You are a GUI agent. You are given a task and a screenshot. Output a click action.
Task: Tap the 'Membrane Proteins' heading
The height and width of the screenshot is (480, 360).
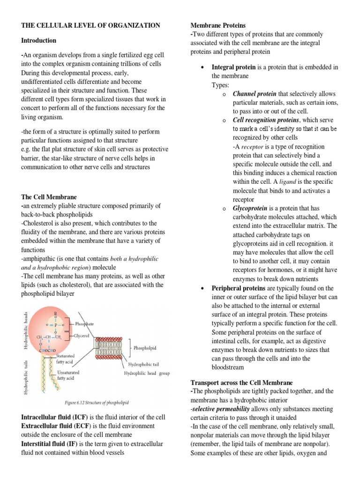[217, 25]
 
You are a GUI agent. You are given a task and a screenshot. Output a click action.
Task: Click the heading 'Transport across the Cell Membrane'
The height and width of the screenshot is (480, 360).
[241, 382]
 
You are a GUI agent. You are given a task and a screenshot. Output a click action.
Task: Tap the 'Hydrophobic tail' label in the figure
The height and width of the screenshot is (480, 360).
[143, 364]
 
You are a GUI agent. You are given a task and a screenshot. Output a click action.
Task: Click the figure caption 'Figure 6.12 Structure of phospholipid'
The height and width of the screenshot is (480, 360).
[97, 403]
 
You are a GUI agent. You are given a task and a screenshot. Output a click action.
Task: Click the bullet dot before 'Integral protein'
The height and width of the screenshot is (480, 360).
[202, 68]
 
